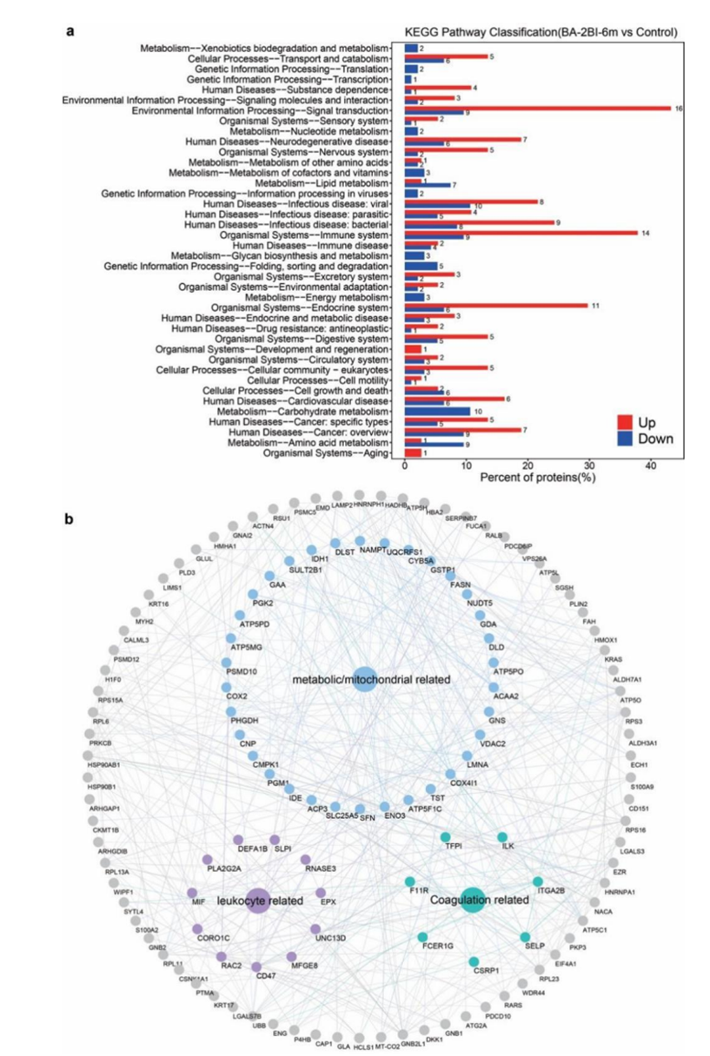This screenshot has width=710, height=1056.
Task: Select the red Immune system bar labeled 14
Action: (521, 233)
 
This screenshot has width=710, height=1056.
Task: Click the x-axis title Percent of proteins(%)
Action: (539, 478)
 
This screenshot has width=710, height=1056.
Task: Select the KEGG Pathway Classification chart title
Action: (541, 32)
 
